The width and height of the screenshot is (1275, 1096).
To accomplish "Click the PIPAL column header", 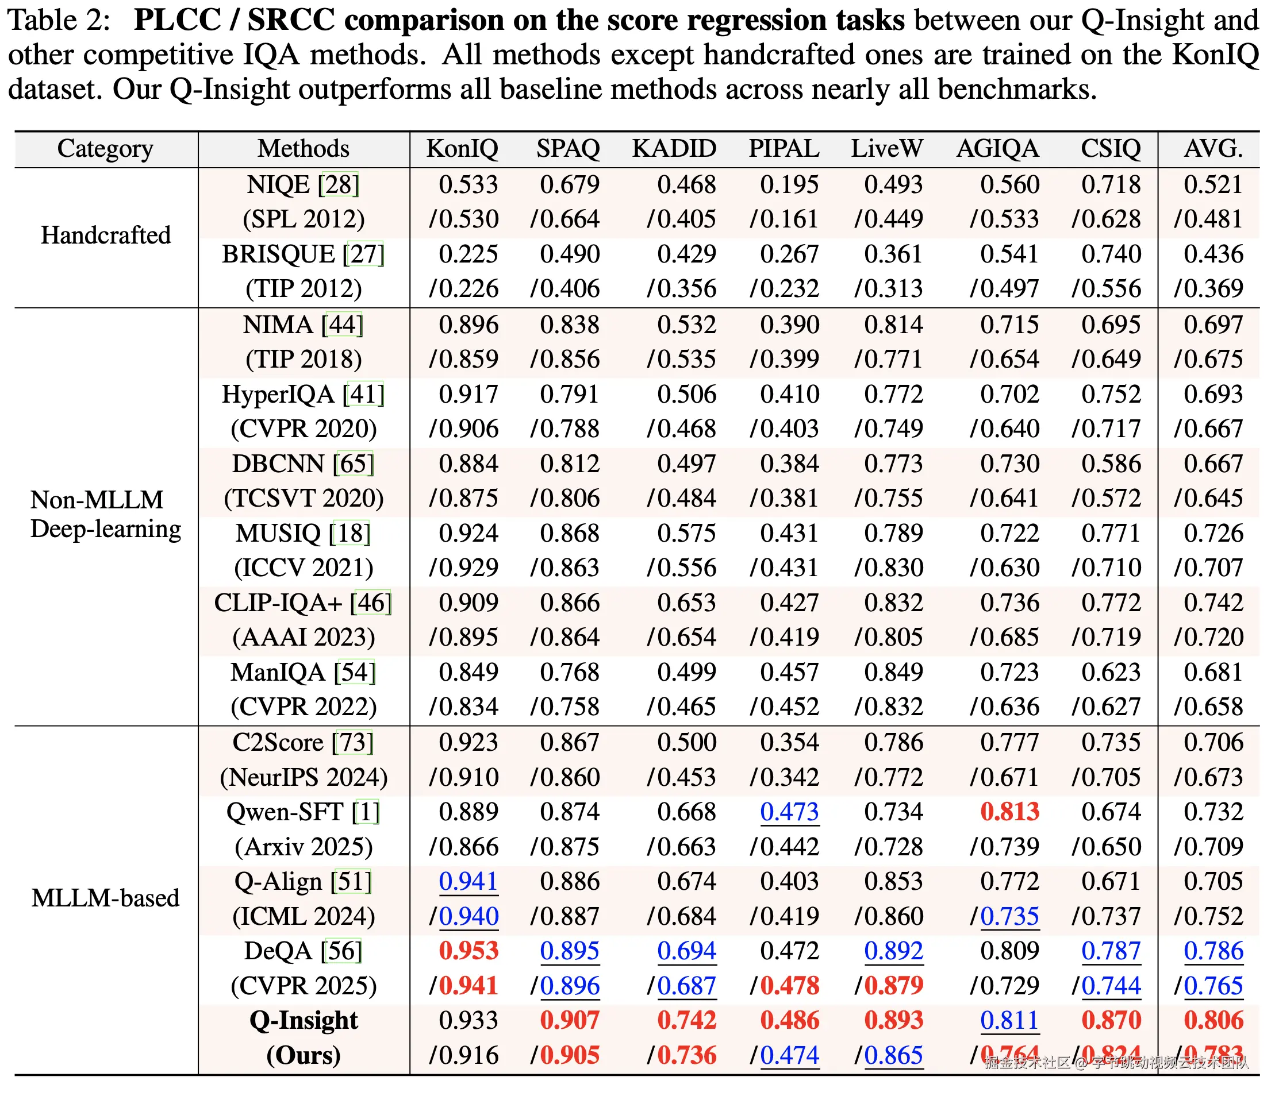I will tap(784, 149).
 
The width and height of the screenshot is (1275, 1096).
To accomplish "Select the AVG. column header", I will tap(1213, 149).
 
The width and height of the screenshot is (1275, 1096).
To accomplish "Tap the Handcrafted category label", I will tap(106, 236).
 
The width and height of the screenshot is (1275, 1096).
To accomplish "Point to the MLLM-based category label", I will tap(106, 898).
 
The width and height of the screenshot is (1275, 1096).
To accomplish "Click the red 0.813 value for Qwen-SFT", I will tap(1009, 812).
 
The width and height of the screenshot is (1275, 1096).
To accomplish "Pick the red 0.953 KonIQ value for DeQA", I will tap(468, 951).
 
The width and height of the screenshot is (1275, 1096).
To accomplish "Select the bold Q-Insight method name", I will tap(304, 1020).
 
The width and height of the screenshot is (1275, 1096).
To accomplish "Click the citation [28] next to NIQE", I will tap(339, 184).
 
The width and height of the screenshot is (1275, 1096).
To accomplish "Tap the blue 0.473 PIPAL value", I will tap(789, 812).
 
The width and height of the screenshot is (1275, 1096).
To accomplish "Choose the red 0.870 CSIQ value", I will tap(1111, 1020).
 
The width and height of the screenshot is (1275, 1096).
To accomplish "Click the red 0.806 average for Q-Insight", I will tap(1213, 1020).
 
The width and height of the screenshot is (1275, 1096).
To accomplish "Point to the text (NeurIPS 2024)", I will tap(304, 777).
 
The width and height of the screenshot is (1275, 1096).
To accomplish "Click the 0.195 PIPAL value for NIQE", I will tap(789, 184).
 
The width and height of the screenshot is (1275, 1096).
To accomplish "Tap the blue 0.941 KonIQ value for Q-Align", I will tap(468, 881).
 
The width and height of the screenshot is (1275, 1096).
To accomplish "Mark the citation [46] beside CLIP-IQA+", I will tap(371, 603).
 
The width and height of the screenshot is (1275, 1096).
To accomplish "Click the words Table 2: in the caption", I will tap(59, 20).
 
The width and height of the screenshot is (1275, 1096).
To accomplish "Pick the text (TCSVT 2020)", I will tap(304, 498).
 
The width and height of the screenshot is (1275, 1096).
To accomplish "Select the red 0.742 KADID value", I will tap(686, 1020).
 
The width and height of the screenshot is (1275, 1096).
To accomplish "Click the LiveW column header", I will tap(887, 149).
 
